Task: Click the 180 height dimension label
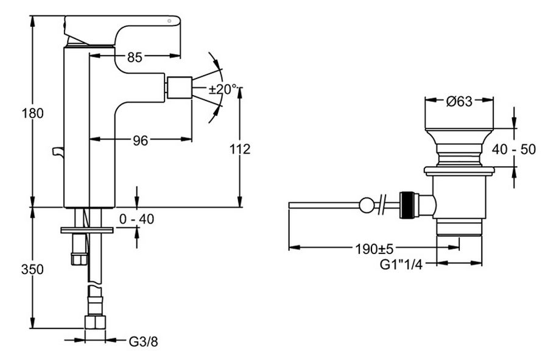pyautogui.click(x=32, y=113)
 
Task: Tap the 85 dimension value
pyautogui.click(x=135, y=57)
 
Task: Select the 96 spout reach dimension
pyautogui.click(x=140, y=141)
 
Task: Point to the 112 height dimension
pyautogui.click(x=240, y=149)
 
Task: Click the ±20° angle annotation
pyautogui.click(x=223, y=89)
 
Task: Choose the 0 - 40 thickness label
pyautogui.click(x=136, y=219)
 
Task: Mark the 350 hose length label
pyautogui.click(x=32, y=269)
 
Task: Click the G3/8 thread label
pyautogui.click(x=143, y=342)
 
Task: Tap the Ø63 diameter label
pyautogui.click(x=459, y=102)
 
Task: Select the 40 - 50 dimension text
pyautogui.click(x=514, y=149)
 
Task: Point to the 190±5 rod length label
pyautogui.click(x=374, y=249)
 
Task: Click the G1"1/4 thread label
pyautogui.click(x=401, y=265)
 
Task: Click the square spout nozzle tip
pyautogui.click(x=180, y=88)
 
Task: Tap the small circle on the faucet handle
pyautogui.click(x=170, y=21)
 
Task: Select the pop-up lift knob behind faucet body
pyautogui.click(x=58, y=152)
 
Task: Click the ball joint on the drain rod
pyautogui.click(x=367, y=205)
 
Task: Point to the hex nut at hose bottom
pyautogui.click(x=95, y=322)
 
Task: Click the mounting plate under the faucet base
pyautogui.click(x=86, y=230)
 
